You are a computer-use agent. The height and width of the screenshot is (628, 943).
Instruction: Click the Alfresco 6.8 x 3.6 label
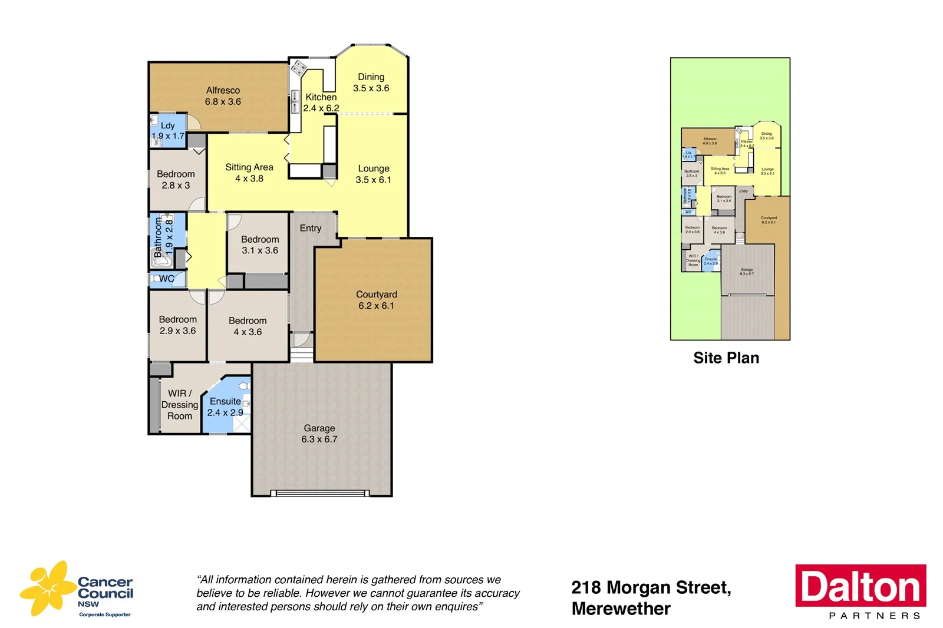pos(223,96)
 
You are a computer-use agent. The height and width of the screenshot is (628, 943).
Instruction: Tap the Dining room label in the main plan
pos(371,82)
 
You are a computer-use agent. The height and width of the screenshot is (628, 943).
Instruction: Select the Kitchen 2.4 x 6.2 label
pos(321,103)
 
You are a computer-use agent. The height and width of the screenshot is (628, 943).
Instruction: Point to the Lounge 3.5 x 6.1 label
pos(373,174)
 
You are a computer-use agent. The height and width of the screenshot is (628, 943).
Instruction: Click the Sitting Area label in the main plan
pos(249,173)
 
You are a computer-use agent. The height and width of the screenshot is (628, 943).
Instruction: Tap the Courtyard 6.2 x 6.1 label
pos(376,300)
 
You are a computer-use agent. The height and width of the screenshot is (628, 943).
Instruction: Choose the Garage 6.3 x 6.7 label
pos(319,434)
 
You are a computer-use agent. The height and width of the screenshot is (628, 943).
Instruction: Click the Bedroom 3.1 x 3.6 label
pos(259,244)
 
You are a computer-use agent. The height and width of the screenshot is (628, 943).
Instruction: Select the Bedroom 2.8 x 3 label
pos(176,180)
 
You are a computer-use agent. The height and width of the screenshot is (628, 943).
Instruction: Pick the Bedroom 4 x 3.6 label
pos(248,326)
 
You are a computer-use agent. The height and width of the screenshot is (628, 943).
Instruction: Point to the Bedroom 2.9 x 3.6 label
pos(177,325)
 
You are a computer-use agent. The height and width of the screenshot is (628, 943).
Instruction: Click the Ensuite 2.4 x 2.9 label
pos(225,406)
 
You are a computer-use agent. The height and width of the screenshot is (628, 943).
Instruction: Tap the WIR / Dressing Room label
pos(179,405)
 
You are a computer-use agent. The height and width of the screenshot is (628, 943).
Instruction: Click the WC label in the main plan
pos(167,279)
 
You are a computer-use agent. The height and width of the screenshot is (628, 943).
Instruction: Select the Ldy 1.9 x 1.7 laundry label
pos(168,131)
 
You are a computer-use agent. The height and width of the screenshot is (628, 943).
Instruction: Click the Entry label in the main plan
pos(311,228)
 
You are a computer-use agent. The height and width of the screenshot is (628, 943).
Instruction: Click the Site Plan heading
pos(726,358)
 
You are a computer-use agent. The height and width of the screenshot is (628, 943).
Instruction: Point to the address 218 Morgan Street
pos(651,587)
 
